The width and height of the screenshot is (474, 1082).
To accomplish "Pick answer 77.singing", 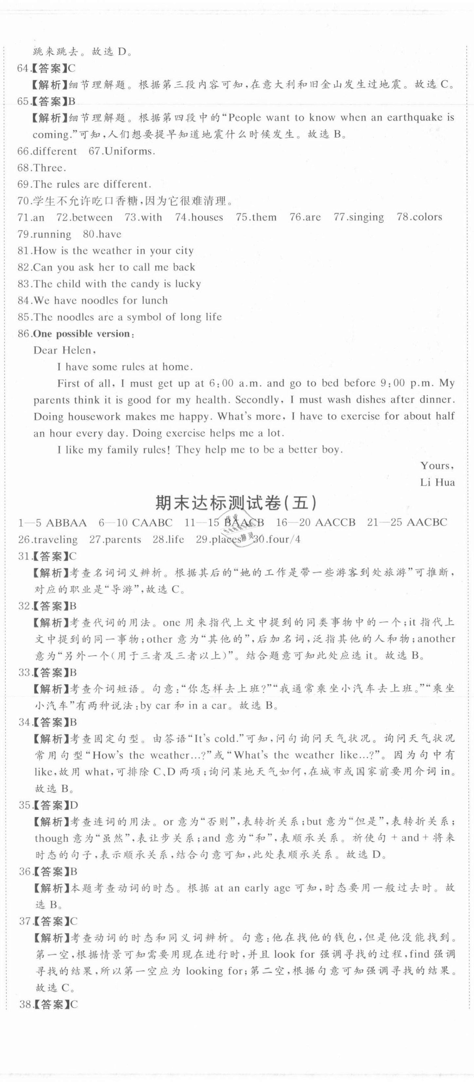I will (358, 218).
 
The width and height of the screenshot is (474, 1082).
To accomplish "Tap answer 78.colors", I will (419, 218).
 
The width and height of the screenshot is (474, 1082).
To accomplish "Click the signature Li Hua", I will (437, 482).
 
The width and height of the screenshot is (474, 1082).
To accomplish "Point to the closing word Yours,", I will (437, 465).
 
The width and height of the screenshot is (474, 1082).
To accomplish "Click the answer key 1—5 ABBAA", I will (53, 523).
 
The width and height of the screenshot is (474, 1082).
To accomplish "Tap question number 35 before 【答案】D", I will (25, 805).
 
